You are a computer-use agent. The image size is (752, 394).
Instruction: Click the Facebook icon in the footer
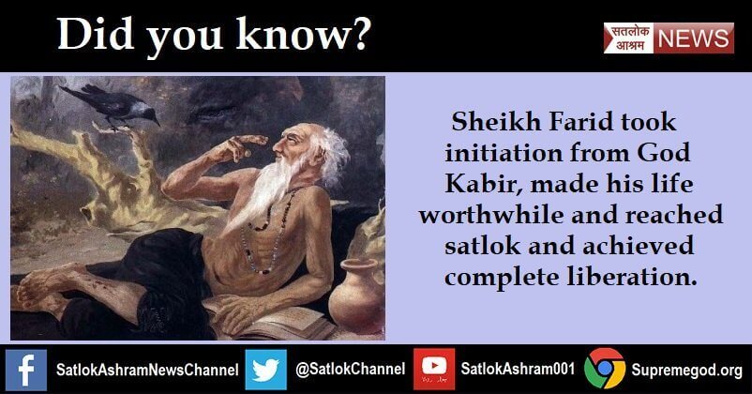pos(24,369)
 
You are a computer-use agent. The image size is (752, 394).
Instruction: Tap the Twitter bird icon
pos(266,369)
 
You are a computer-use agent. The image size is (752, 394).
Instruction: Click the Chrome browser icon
pos(604,369)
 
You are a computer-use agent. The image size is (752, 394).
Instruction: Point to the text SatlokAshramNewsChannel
pos(142,369)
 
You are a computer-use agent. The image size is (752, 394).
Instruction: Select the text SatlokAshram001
pos(516,369)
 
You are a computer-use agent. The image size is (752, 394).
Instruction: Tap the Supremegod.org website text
pos(686,369)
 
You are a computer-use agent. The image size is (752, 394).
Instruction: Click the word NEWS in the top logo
pos(694,38)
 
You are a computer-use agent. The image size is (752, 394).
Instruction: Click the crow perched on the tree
pos(113,103)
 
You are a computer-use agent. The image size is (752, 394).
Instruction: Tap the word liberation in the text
pos(638,279)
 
